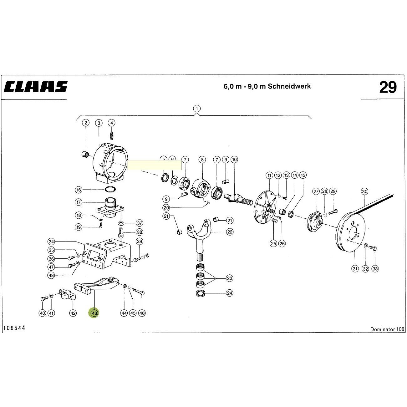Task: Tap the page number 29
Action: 388,87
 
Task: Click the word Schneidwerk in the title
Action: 289,86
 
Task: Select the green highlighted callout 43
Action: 94,313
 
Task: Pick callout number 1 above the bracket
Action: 197,109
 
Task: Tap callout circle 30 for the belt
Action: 364,191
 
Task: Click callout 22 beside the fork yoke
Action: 230,232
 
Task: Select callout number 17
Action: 79,202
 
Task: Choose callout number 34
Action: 51,242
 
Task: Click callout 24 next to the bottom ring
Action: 230,293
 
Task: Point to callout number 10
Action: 234,160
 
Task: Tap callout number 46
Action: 142,313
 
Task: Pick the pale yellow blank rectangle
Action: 154,165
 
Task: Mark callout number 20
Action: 166,208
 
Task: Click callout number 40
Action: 43,313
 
